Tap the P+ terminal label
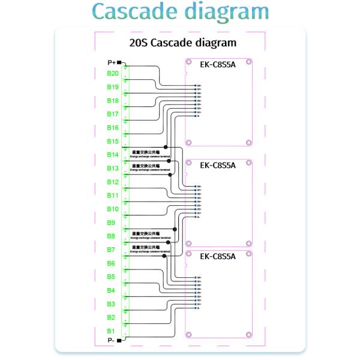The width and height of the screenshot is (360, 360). coord(112,62)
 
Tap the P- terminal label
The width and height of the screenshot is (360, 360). coord(111,340)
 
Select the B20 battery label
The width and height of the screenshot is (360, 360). coord(113,73)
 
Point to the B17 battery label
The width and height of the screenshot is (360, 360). coord(113,114)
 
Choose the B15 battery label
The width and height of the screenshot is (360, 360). coord(113,141)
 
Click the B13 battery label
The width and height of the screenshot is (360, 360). coord(113,169)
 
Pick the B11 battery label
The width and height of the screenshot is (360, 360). coord(113,196)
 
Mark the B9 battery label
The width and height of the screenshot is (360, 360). coord(111,223)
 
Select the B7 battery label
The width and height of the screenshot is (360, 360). coord(111,250)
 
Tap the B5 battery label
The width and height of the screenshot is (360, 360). coord(111,277)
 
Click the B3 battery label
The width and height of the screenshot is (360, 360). coord(111,304)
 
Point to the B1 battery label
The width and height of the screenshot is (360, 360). coord(111,331)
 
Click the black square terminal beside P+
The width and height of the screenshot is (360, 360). coord(119,62)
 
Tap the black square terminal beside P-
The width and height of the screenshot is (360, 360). coord(119,340)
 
